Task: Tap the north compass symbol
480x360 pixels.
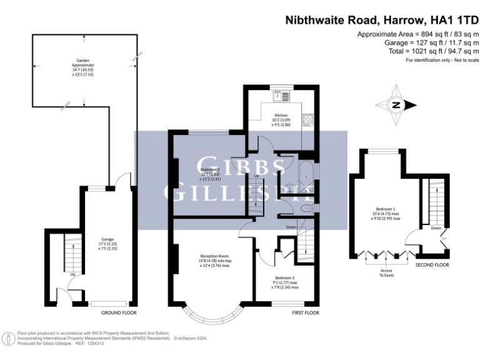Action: click(x=396, y=106)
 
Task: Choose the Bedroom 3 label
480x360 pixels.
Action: click(x=284, y=281)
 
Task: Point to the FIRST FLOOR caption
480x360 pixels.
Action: click(x=305, y=312)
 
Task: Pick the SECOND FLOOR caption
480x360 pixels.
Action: click(x=432, y=265)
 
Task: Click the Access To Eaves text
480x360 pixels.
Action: click(x=382, y=273)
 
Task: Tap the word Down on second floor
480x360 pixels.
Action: click(x=436, y=229)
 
